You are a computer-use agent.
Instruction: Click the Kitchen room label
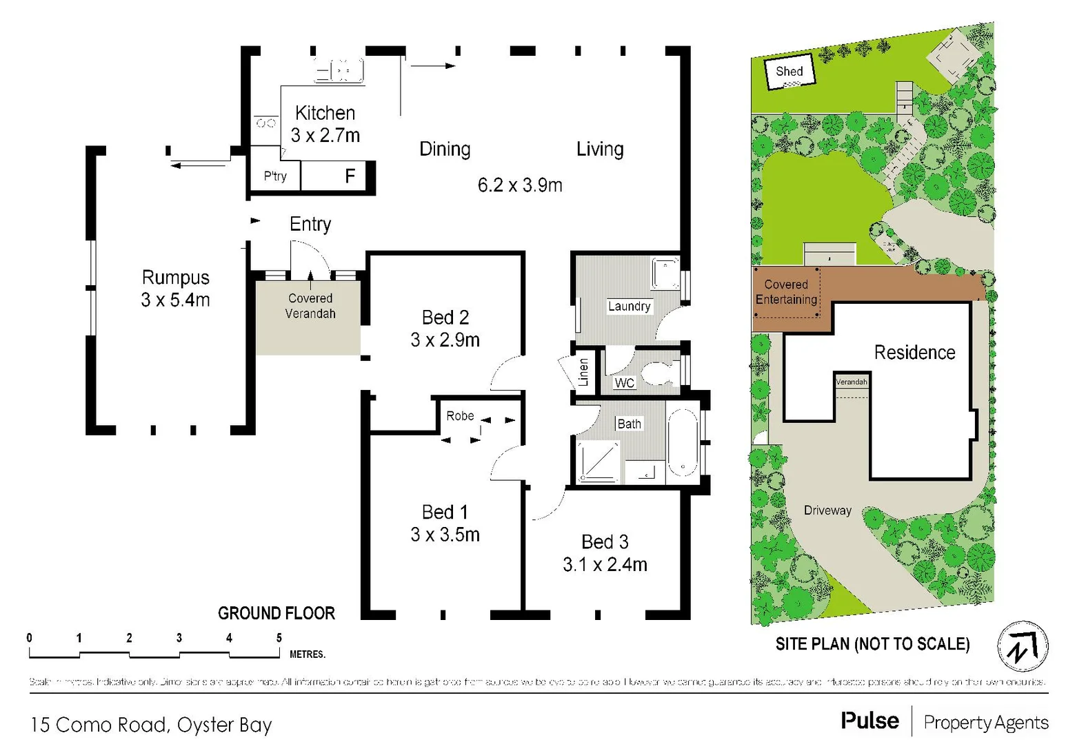pyautogui.click(x=325, y=113)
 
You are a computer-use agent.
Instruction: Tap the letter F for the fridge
pyautogui.click(x=350, y=176)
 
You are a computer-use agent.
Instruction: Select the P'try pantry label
pyautogui.click(x=275, y=176)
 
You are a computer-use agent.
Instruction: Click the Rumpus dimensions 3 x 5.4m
pyautogui.click(x=175, y=300)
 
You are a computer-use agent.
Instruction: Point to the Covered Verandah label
pyautogui.click(x=310, y=306)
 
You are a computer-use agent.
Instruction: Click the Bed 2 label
pyautogui.click(x=445, y=318)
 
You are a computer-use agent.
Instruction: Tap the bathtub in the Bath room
pyautogui.click(x=683, y=443)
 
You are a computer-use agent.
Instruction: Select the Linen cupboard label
pyautogui.click(x=584, y=372)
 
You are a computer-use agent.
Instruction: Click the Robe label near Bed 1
pyautogui.click(x=460, y=416)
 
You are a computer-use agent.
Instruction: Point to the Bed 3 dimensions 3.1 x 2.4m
pyautogui.click(x=605, y=565)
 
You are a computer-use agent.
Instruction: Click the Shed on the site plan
pyautogui.click(x=790, y=72)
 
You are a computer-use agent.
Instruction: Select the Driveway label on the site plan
pyautogui.click(x=827, y=510)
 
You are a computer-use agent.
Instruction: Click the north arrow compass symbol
pyautogui.click(x=1023, y=647)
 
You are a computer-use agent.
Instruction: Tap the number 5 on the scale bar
pyautogui.click(x=279, y=638)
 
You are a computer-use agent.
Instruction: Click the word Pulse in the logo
pyautogui.click(x=869, y=721)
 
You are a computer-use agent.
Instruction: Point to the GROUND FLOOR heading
pyautogui.click(x=276, y=613)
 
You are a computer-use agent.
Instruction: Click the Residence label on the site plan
pyautogui.click(x=914, y=353)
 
